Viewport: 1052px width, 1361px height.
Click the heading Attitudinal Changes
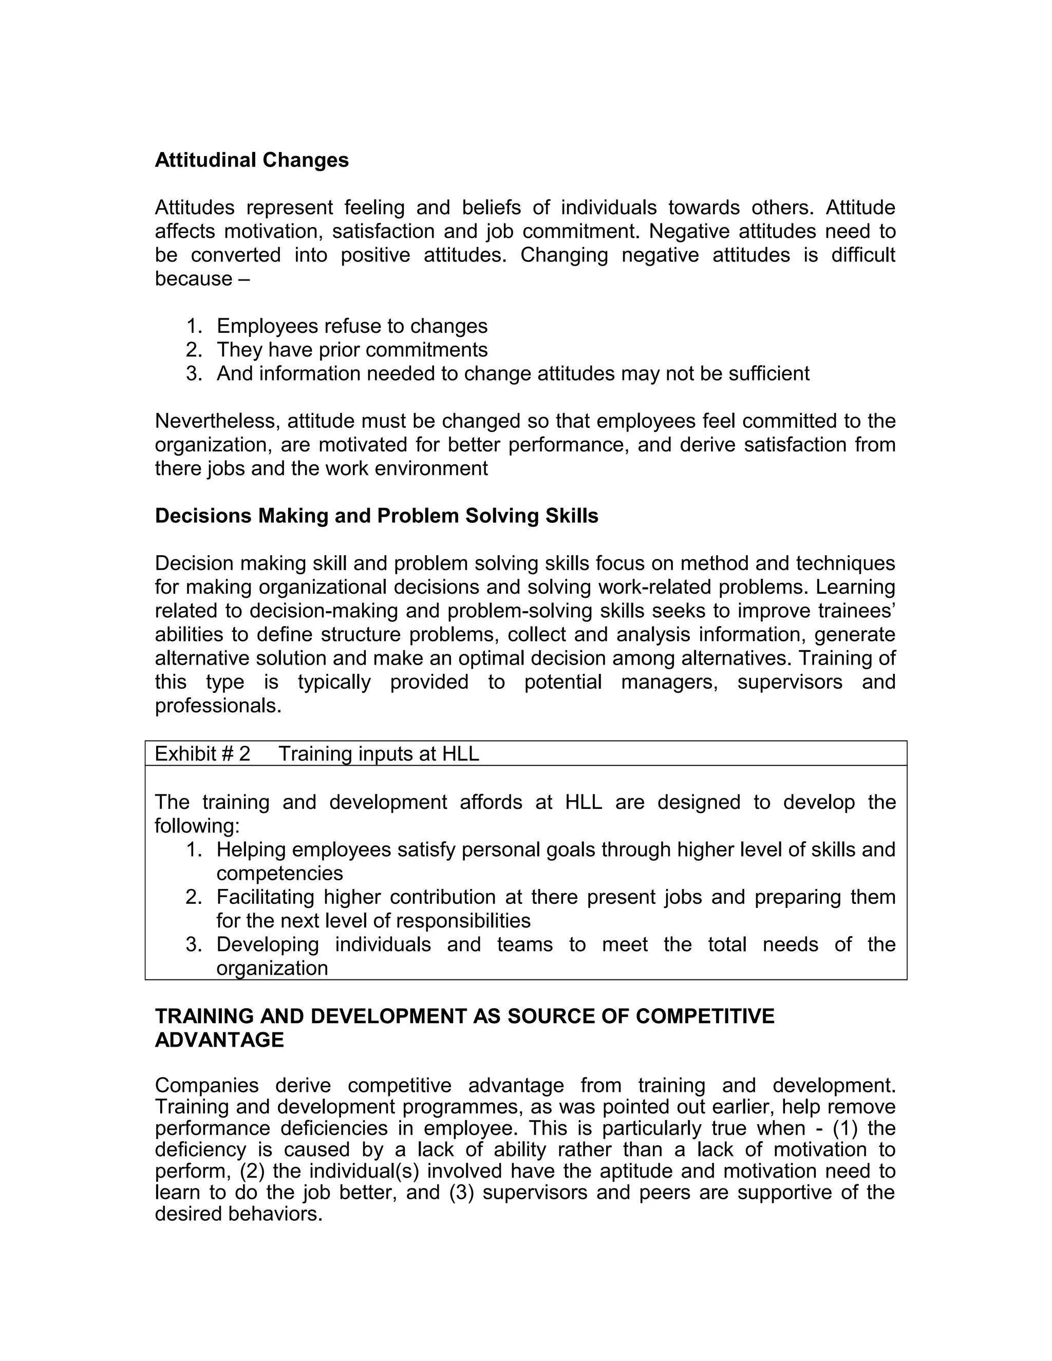(x=251, y=160)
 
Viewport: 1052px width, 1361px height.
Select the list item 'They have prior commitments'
(x=351, y=350)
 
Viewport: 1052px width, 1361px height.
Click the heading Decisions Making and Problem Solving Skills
(x=376, y=516)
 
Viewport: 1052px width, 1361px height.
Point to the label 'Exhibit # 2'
(x=202, y=754)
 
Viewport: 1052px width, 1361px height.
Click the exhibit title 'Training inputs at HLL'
(x=378, y=754)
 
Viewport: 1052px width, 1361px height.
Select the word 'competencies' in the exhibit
(x=279, y=873)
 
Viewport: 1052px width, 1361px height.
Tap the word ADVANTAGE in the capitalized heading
(x=219, y=1040)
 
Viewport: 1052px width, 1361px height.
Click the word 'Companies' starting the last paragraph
(x=206, y=1086)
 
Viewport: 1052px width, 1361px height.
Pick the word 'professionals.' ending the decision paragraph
(x=218, y=706)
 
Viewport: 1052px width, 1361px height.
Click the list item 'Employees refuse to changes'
(x=351, y=326)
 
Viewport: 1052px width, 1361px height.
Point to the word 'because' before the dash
(x=193, y=278)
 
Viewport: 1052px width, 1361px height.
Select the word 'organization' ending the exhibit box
(x=272, y=968)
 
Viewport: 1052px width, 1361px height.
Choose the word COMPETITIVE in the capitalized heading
(x=704, y=1016)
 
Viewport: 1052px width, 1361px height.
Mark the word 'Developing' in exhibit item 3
(x=267, y=944)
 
